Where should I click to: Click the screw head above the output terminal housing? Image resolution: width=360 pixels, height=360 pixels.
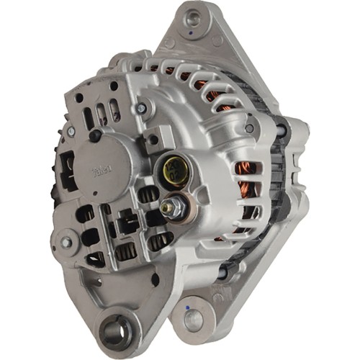point(142,109)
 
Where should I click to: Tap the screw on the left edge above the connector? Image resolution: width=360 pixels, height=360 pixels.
point(71,132)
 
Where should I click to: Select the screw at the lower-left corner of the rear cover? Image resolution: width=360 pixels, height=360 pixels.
point(66,243)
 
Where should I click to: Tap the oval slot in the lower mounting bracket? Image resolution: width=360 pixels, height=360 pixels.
point(154,279)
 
